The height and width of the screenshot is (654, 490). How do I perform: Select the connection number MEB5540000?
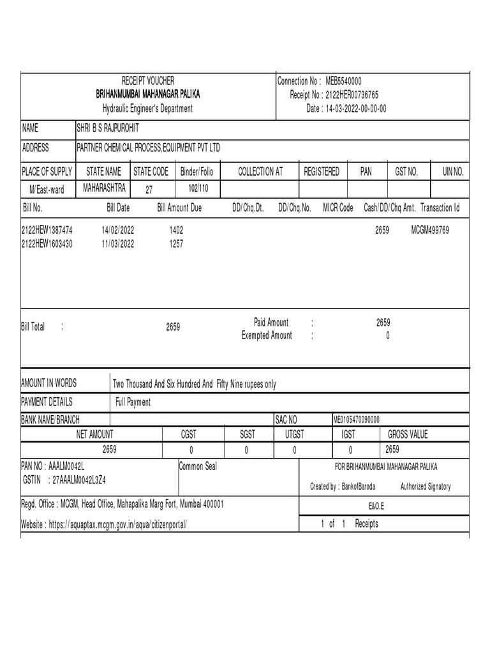(x=344, y=81)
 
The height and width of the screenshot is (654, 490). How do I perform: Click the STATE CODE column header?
(x=151, y=172)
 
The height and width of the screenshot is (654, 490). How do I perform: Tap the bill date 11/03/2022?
(x=117, y=243)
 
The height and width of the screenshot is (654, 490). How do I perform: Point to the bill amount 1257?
(x=177, y=243)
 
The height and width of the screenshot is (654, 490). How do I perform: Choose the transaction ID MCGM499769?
(x=430, y=230)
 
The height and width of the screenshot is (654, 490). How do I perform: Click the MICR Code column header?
(x=338, y=208)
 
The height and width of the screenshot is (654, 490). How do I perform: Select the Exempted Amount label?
(x=266, y=336)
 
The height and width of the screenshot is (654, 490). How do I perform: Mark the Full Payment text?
(x=133, y=402)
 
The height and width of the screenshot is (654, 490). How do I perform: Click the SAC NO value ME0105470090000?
(x=356, y=419)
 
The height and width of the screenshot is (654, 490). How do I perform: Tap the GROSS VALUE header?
(x=408, y=434)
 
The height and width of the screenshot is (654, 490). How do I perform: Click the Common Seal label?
(x=198, y=466)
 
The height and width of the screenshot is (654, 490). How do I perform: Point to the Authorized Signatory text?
(x=425, y=487)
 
